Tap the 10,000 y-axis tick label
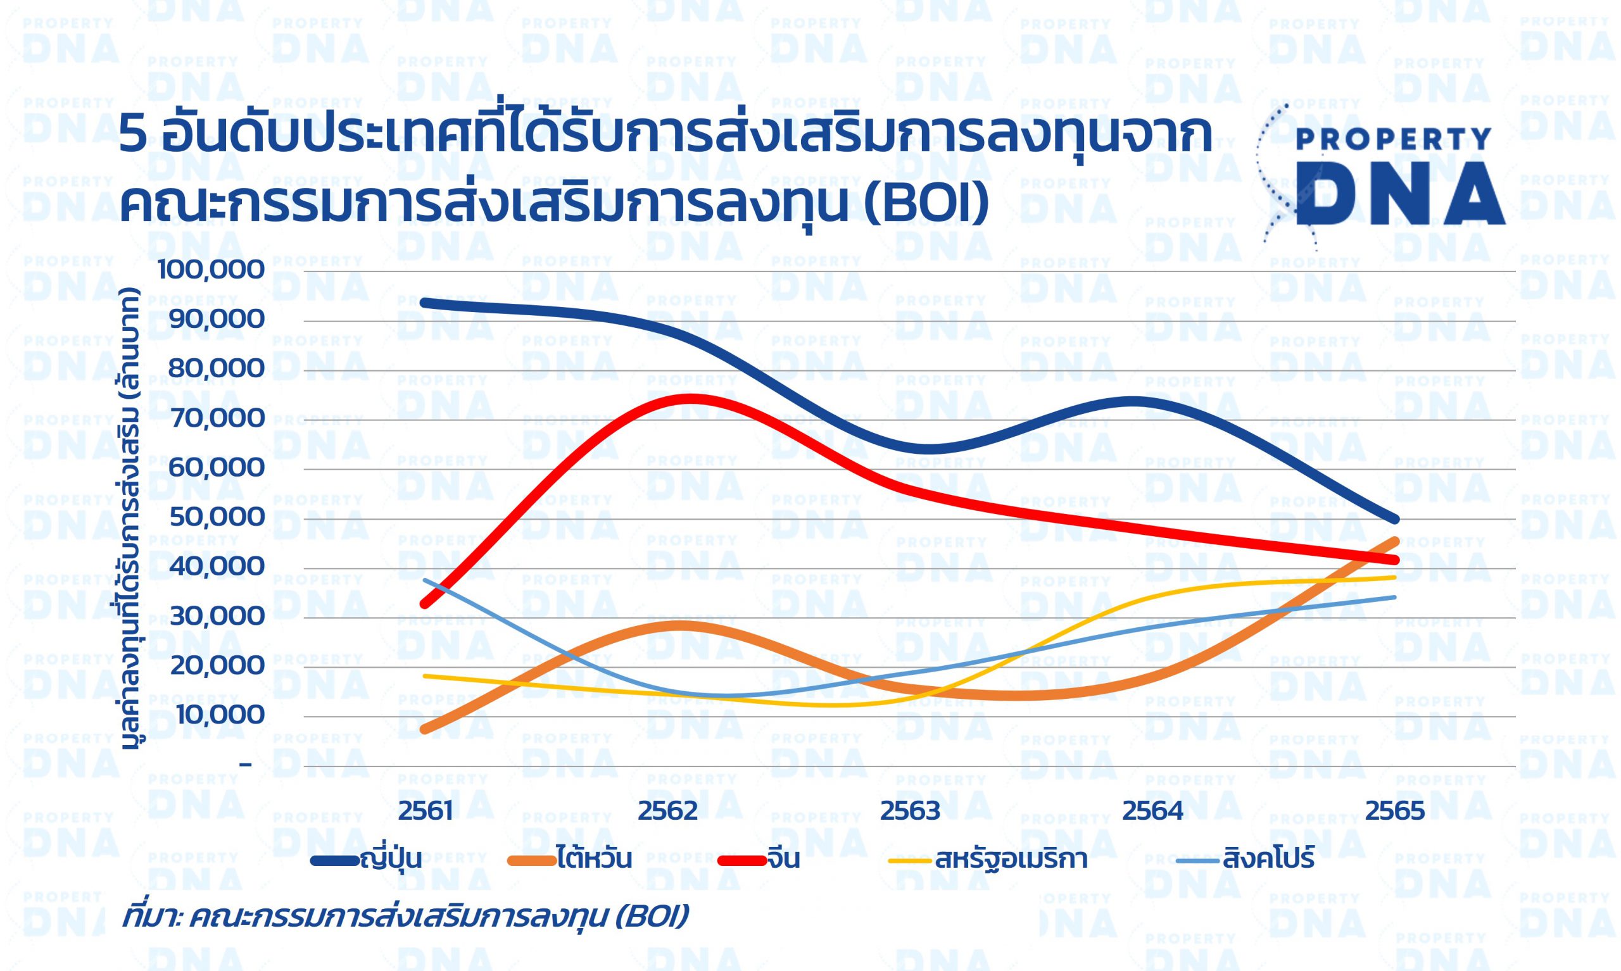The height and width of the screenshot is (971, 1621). [217, 715]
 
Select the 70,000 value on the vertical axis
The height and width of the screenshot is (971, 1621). [216, 418]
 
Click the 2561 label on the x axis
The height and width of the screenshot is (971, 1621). [426, 811]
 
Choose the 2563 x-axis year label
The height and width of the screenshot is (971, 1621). [910, 811]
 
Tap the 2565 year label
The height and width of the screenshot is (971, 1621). [1394, 811]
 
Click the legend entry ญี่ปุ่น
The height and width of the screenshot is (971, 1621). [367, 859]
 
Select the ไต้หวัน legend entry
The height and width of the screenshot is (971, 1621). [569, 859]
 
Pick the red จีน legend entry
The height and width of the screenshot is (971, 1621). [759, 859]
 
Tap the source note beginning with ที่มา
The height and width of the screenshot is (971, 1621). [405, 917]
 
